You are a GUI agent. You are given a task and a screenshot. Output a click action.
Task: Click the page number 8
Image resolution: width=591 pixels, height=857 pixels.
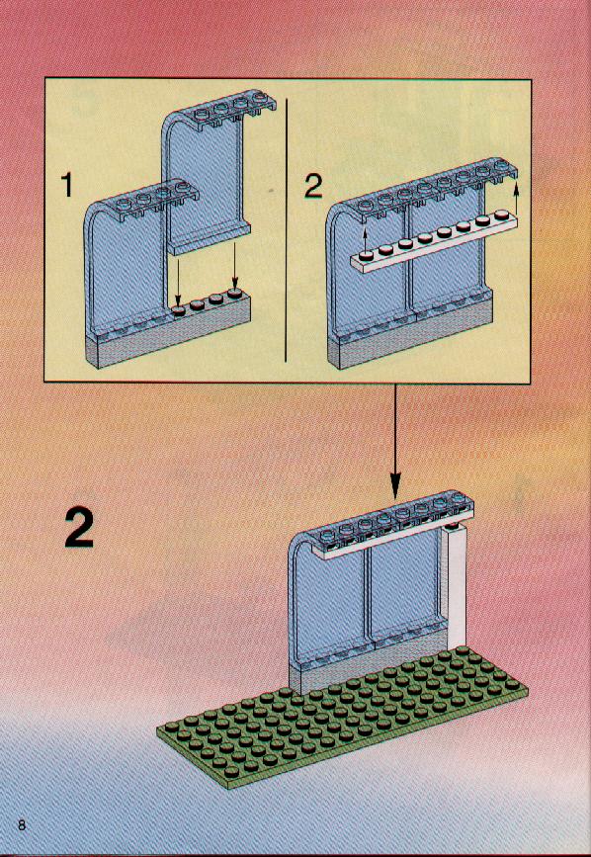pos(22,825)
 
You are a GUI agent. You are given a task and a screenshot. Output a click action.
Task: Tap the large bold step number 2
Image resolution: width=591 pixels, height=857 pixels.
pos(79,528)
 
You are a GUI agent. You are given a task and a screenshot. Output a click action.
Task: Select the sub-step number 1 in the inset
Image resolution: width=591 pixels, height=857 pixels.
pos(67,185)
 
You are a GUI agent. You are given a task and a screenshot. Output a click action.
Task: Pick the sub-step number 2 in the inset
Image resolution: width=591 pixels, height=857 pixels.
pos(313,187)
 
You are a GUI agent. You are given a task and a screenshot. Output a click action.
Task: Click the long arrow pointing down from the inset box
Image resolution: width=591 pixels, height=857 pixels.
pos(396,441)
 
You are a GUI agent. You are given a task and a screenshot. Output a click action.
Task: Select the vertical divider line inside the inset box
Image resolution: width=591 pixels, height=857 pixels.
pos(287,229)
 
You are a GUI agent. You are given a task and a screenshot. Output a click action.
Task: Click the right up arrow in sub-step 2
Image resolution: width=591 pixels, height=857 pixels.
pos(516,199)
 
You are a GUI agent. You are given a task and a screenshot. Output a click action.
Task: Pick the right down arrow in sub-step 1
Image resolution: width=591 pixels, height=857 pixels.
pos(235,265)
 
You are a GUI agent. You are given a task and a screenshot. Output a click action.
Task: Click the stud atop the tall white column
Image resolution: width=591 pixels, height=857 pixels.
pos(452,526)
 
